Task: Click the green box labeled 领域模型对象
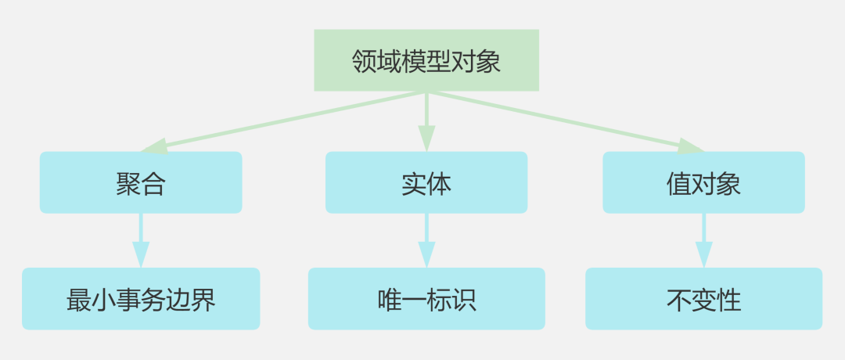tap(426, 60)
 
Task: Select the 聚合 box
tap(141, 182)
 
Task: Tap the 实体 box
tap(426, 182)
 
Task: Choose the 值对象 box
tap(703, 182)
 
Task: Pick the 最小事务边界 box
tap(141, 299)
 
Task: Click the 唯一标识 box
tap(426, 299)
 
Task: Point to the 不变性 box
tap(703, 299)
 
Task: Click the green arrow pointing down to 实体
tap(426, 121)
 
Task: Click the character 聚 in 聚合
tap(128, 183)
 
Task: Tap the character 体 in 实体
tap(439, 183)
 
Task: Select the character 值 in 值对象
tap(679, 183)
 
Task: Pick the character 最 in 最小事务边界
tap(79, 300)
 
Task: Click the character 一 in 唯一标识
tap(414, 300)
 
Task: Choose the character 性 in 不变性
tap(728, 300)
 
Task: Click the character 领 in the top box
tap(365, 61)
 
